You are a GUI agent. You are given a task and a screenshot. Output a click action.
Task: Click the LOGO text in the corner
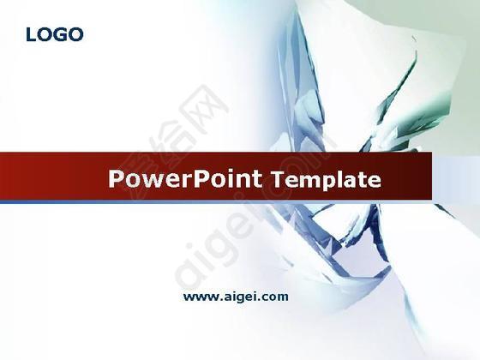pyautogui.click(x=55, y=34)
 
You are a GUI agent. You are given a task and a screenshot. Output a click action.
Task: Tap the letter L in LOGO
pyautogui.click(x=31, y=34)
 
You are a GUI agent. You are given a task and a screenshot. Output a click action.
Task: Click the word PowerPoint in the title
pyautogui.click(x=185, y=179)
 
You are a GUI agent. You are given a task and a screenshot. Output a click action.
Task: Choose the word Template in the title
pyautogui.click(x=327, y=180)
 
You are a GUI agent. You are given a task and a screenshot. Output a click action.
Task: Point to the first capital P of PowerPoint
pyautogui.click(x=116, y=179)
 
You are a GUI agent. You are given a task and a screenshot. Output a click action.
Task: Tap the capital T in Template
pyautogui.click(x=279, y=179)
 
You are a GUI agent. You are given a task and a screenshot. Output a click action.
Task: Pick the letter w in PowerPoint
pyautogui.click(x=150, y=181)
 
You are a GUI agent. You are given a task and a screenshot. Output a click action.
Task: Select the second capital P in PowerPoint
pyautogui.click(x=201, y=179)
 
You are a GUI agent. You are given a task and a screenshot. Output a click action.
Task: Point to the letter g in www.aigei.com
pyautogui.click(x=236, y=299)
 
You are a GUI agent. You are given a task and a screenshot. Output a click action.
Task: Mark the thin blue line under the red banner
pyautogui.click(x=216, y=201)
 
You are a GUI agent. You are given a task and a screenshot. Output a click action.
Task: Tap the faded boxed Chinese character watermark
pyautogui.click(x=204, y=108)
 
